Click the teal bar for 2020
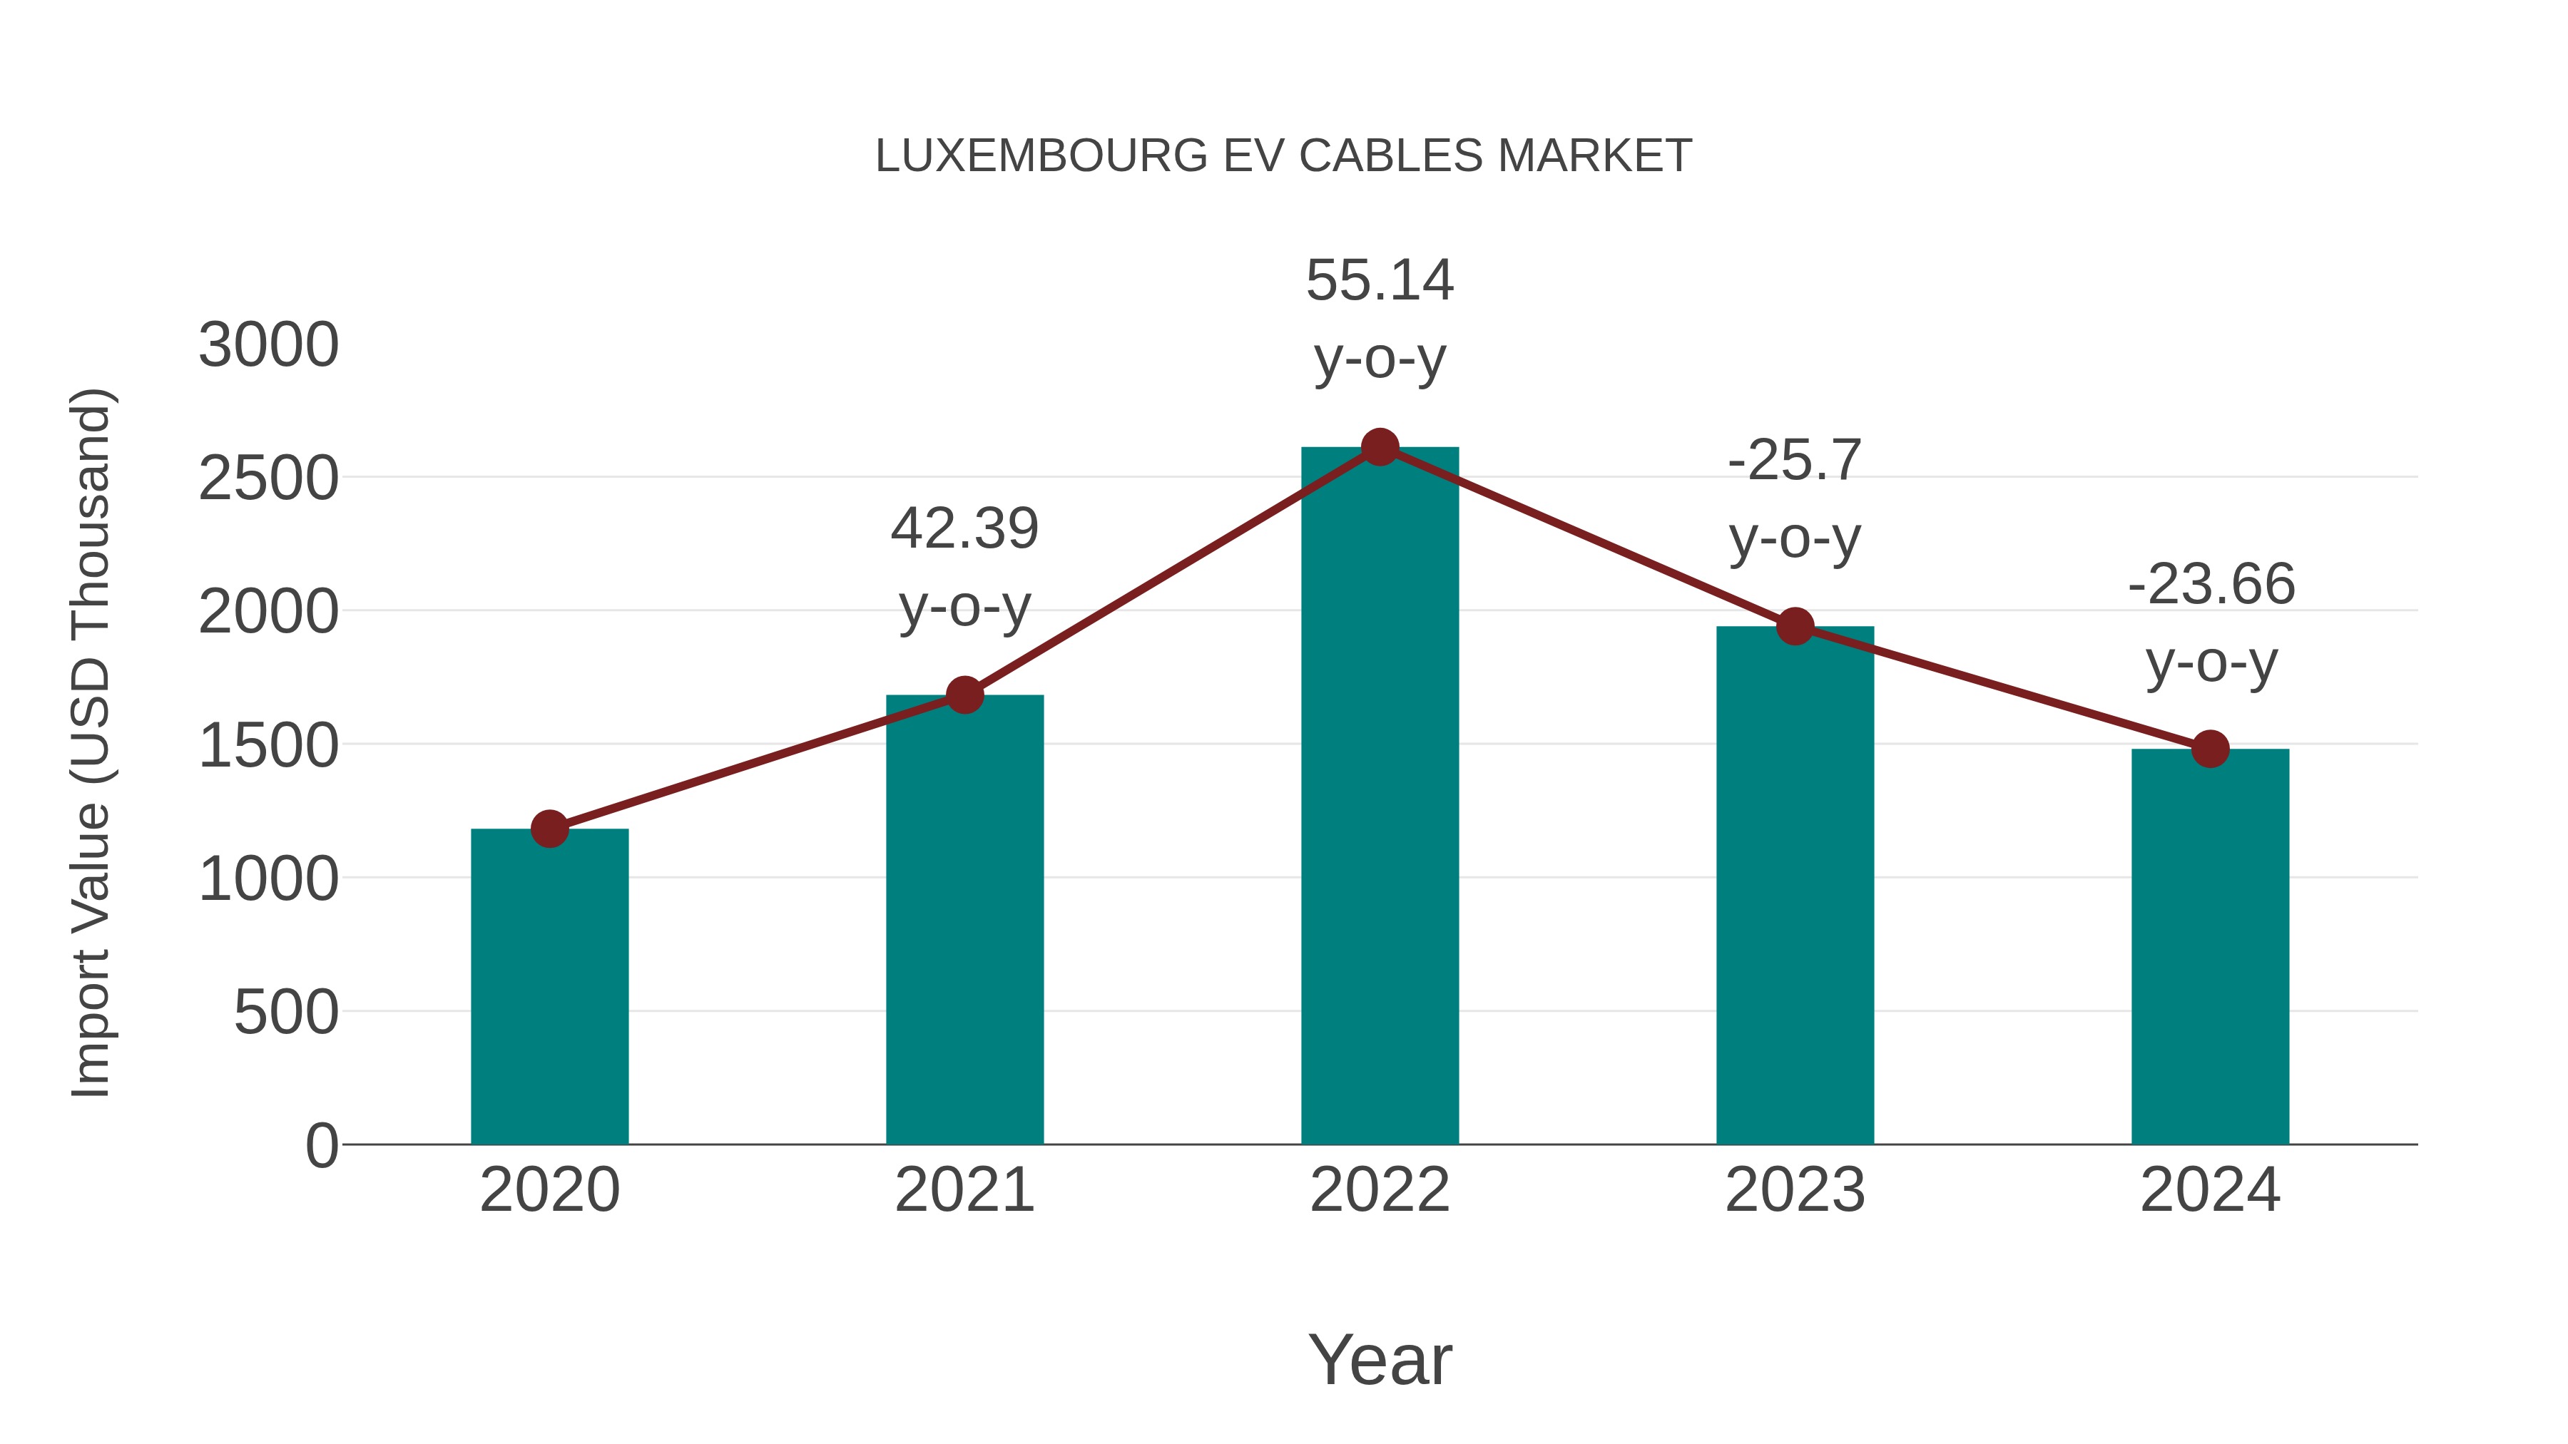(549, 987)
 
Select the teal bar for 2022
(1380, 797)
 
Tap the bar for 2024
(2210, 947)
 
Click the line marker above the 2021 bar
(964, 695)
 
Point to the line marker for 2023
(1795, 627)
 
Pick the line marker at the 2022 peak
(1380, 447)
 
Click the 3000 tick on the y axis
(269, 346)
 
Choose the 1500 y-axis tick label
(269, 747)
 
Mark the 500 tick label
(286, 1013)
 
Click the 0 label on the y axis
(321, 1146)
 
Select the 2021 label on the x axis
(964, 1190)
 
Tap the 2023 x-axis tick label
(1795, 1190)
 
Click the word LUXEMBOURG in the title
(1041, 156)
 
